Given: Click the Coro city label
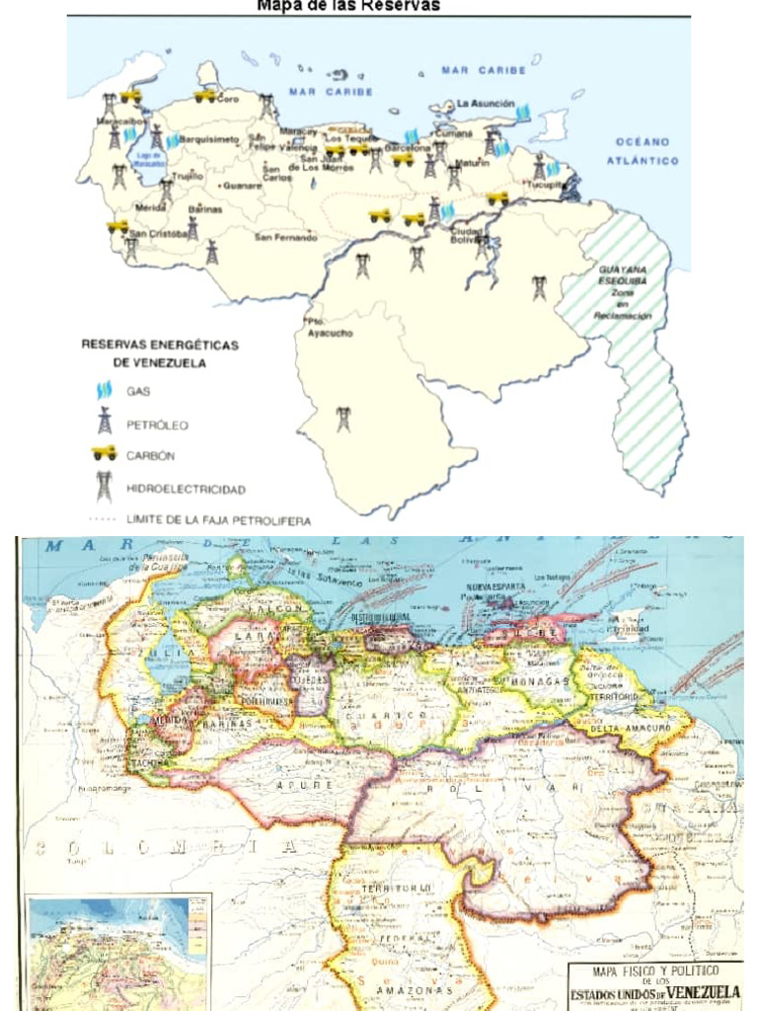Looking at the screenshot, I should (x=228, y=98).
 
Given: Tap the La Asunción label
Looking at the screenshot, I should (x=485, y=103).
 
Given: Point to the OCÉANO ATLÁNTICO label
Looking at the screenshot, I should (x=643, y=151).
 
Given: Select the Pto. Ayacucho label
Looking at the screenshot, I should (x=328, y=328).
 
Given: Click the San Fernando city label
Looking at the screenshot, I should (x=285, y=237).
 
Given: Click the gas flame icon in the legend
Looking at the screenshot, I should (x=104, y=390).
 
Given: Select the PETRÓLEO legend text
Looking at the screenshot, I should (x=156, y=425).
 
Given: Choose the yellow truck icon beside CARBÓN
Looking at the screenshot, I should (x=104, y=453).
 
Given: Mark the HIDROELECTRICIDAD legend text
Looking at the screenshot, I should (x=186, y=489).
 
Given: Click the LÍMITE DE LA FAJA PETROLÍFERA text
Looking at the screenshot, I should (x=218, y=519).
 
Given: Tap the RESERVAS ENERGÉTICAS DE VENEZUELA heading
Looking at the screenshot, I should (x=159, y=353).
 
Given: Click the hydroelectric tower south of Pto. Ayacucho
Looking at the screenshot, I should (x=342, y=419).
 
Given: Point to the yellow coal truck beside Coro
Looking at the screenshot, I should (x=204, y=95).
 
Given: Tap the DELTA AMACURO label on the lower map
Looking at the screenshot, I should (x=632, y=730).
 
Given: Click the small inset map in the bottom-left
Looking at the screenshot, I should (x=117, y=952).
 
